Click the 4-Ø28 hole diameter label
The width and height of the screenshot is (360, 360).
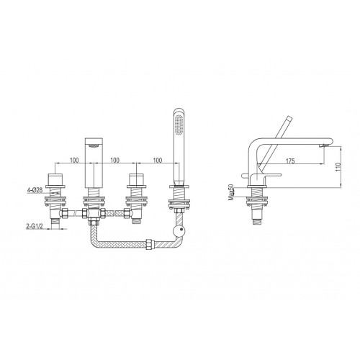(x=35, y=190)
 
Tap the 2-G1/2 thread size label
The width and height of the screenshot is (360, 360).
(x=35, y=226)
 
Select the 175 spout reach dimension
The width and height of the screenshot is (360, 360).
(x=290, y=161)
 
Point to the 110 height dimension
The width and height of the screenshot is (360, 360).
(x=338, y=166)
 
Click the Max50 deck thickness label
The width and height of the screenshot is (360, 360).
(x=231, y=192)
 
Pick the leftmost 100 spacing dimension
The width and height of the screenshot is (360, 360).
(x=74, y=160)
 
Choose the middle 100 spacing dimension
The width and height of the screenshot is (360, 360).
(x=114, y=160)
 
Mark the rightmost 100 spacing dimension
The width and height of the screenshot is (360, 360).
(x=158, y=160)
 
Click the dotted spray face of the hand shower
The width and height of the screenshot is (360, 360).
(x=179, y=125)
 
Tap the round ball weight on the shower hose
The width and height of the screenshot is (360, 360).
(x=179, y=231)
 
